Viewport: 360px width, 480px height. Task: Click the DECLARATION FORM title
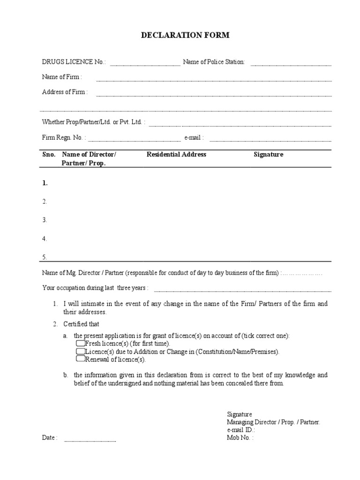pos(180,35)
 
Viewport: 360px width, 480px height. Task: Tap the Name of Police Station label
pos(214,62)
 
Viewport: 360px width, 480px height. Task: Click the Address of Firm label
pos(65,92)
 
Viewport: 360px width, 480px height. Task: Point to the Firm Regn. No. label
pos(63,138)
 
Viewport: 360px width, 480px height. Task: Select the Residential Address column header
pos(176,154)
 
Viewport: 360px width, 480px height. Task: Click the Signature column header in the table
pos(268,154)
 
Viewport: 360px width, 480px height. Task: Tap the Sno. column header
pos(49,154)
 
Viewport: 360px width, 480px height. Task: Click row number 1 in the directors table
pos(45,183)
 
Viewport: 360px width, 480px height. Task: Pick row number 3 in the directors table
pos(45,220)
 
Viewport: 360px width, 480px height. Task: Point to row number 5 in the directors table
pos(45,257)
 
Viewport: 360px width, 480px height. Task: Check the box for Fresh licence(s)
pos(80,344)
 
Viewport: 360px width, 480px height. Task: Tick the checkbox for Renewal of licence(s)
pos(80,359)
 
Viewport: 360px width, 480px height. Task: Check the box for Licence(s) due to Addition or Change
pos(80,351)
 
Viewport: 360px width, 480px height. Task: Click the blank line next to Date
pos(90,441)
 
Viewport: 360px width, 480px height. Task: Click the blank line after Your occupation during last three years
pos(242,290)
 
